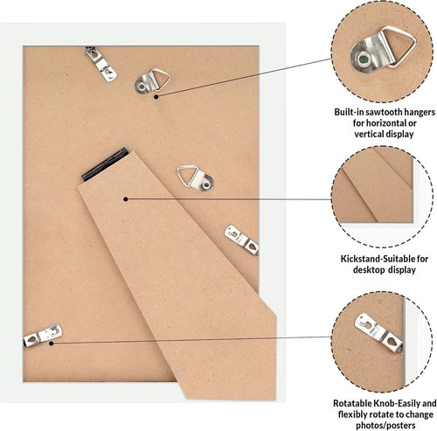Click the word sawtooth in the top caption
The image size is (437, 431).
383,112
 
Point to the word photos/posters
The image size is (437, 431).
385,425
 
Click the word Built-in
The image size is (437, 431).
349,112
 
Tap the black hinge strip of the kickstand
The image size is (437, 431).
105,163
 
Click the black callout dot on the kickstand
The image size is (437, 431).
126,199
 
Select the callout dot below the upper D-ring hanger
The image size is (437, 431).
156,97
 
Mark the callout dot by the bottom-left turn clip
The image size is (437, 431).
51,344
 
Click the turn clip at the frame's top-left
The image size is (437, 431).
101,64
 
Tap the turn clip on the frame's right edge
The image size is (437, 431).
241,240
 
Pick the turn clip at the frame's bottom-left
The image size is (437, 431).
43,336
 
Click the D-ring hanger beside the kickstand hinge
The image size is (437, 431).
195,177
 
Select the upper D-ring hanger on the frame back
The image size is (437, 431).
152,81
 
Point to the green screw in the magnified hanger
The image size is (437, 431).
364,59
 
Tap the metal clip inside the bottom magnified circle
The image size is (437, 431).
378,333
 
